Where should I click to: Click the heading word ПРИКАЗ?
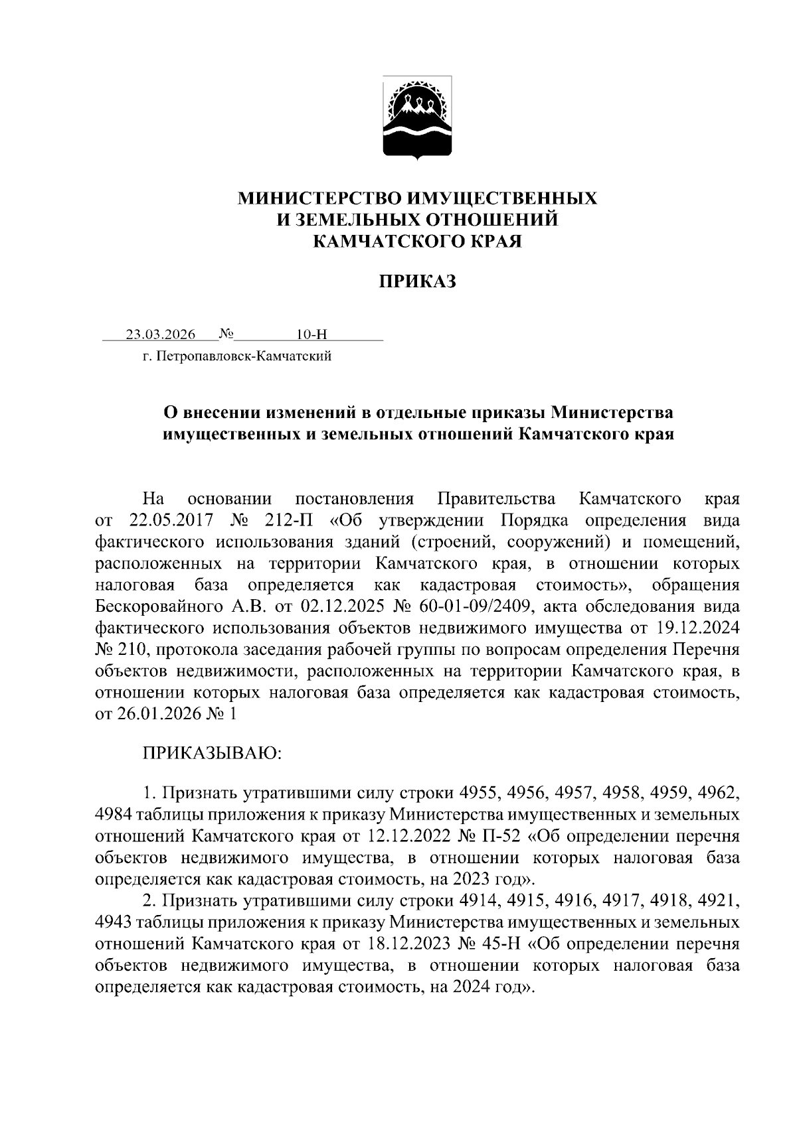point(418,283)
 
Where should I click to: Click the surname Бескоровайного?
point(157,606)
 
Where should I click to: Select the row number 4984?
point(115,814)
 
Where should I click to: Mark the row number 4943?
point(115,922)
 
